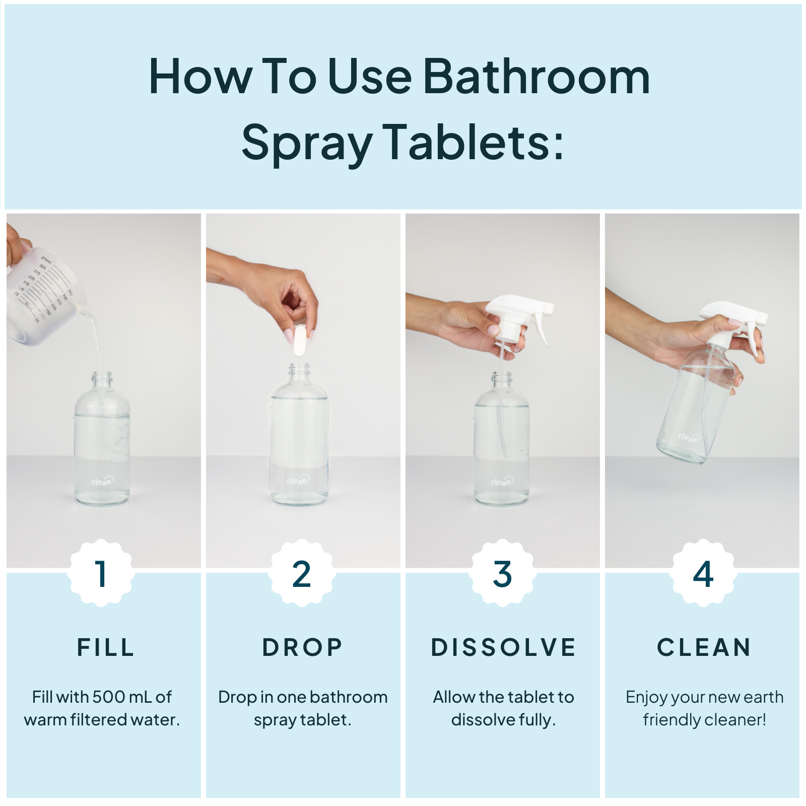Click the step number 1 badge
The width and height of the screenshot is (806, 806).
[x=101, y=573]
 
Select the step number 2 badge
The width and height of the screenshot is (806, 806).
[x=301, y=573]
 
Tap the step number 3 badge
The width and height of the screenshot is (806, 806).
[x=502, y=573]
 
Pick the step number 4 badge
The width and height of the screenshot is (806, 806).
[x=703, y=573]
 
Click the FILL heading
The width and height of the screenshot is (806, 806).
[x=106, y=647]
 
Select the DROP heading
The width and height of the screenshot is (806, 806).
[x=302, y=647]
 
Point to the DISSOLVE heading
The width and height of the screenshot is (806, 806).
[x=503, y=647]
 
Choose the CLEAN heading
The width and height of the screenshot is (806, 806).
[x=704, y=647]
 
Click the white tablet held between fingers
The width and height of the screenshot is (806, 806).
[x=300, y=341]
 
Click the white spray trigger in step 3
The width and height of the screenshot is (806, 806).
[x=519, y=312]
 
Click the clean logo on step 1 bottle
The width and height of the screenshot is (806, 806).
[x=102, y=482]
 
